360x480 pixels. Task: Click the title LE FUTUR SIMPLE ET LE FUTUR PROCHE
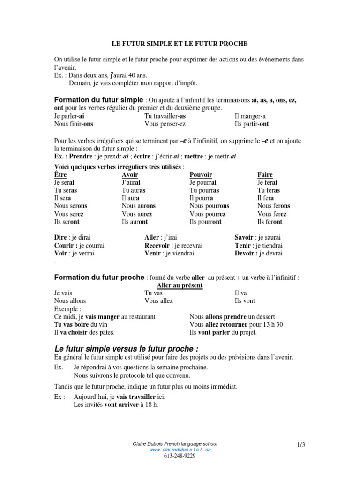pos(180,44)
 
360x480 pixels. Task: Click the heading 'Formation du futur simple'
pos(99,100)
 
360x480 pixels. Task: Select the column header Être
pos(60,175)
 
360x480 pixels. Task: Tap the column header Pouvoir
pos(201,175)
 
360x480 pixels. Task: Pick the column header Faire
pos(265,175)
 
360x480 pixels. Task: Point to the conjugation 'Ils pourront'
pos(205,222)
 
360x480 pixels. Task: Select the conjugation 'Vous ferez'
pos(272,214)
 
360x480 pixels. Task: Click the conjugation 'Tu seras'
pos(66,190)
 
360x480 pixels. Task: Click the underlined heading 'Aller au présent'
pos(180,285)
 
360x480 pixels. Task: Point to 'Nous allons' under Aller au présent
pos(70,300)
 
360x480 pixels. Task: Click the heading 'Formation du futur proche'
pos(99,277)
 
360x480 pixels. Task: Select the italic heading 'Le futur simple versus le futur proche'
pos(127,349)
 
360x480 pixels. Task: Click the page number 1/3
pos(300,444)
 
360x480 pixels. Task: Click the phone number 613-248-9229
pos(180,456)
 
